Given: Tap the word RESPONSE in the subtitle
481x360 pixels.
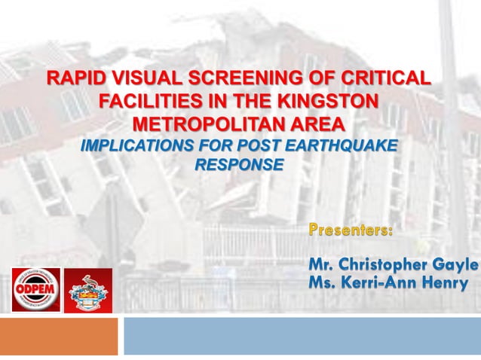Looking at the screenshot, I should (x=239, y=164).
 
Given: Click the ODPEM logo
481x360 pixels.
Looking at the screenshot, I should (x=35, y=289).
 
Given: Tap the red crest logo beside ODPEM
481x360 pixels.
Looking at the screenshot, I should (x=87, y=290).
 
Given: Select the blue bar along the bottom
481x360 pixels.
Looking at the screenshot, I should (x=302, y=336).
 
